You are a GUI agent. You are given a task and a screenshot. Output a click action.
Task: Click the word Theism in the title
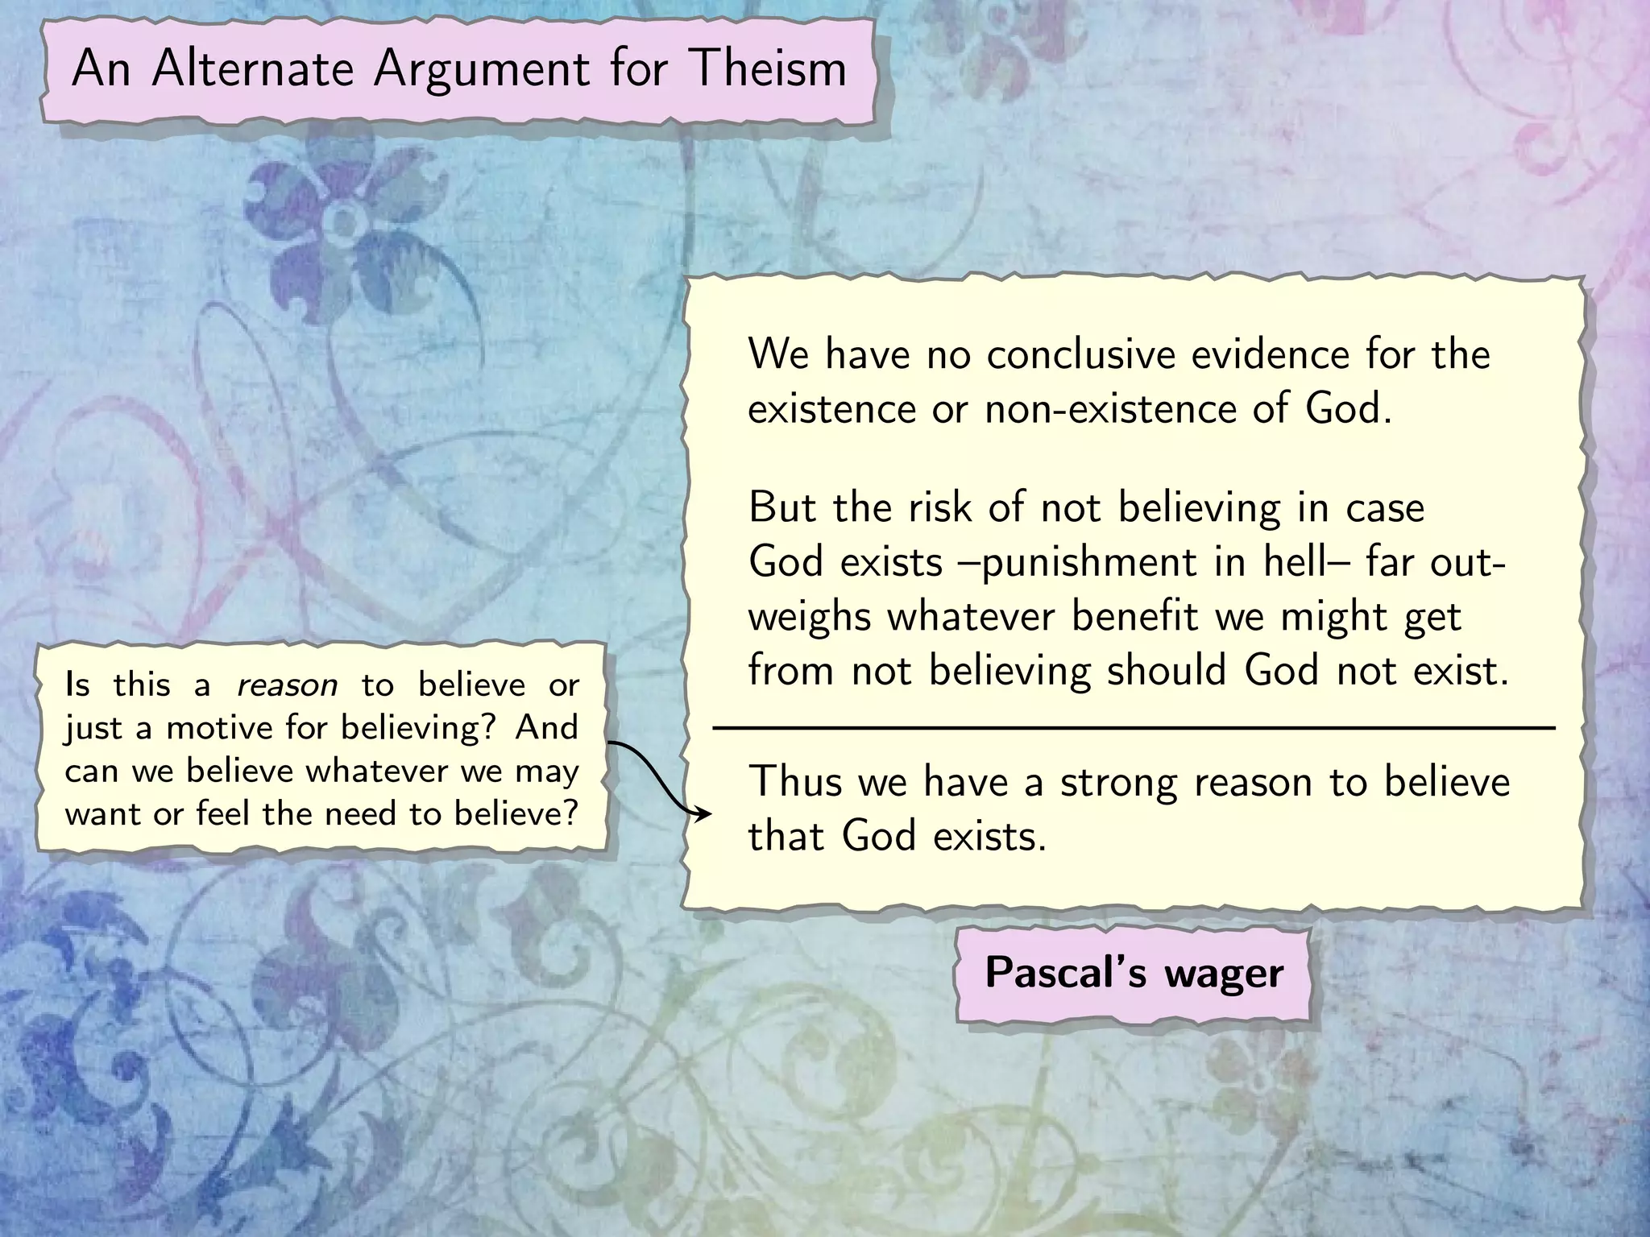768,68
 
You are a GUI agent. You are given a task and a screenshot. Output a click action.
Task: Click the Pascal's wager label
1134,973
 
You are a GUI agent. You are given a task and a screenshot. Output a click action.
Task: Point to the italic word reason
287,685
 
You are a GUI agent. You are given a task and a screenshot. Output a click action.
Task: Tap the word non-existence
1110,408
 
